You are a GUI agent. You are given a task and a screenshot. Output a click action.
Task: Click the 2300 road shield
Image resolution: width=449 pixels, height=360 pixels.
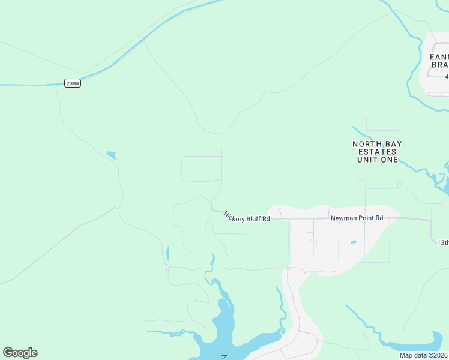(x=72, y=83)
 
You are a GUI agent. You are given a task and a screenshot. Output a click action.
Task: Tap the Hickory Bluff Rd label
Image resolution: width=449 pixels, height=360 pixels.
(x=247, y=217)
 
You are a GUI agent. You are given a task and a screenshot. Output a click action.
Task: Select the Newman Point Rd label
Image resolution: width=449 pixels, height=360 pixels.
(x=357, y=218)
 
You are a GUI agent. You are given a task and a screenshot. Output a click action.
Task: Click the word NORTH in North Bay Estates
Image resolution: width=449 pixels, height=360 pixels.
(x=366, y=144)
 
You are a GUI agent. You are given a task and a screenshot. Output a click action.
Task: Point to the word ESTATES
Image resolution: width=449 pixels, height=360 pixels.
(x=377, y=152)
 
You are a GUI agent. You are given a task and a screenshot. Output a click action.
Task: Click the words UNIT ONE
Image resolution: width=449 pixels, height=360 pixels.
(x=377, y=160)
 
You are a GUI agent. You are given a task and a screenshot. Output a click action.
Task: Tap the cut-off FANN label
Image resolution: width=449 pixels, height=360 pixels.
(x=439, y=57)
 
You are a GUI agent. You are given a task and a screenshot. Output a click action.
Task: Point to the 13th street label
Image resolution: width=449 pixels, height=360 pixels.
(x=442, y=242)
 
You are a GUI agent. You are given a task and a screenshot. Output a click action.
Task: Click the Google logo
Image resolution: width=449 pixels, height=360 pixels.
(x=20, y=353)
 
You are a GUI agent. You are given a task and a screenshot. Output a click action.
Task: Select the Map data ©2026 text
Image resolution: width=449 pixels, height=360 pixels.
(x=423, y=355)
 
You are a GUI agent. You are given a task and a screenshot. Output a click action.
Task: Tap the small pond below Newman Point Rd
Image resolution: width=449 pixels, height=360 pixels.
(x=354, y=242)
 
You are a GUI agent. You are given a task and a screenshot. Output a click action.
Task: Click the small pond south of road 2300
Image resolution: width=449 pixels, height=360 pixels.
(x=111, y=155)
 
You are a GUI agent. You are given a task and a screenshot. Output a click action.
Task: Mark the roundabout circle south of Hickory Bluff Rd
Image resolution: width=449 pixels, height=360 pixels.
(x=288, y=268)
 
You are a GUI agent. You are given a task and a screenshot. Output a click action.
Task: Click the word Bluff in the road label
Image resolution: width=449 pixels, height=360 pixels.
(x=251, y=218)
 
